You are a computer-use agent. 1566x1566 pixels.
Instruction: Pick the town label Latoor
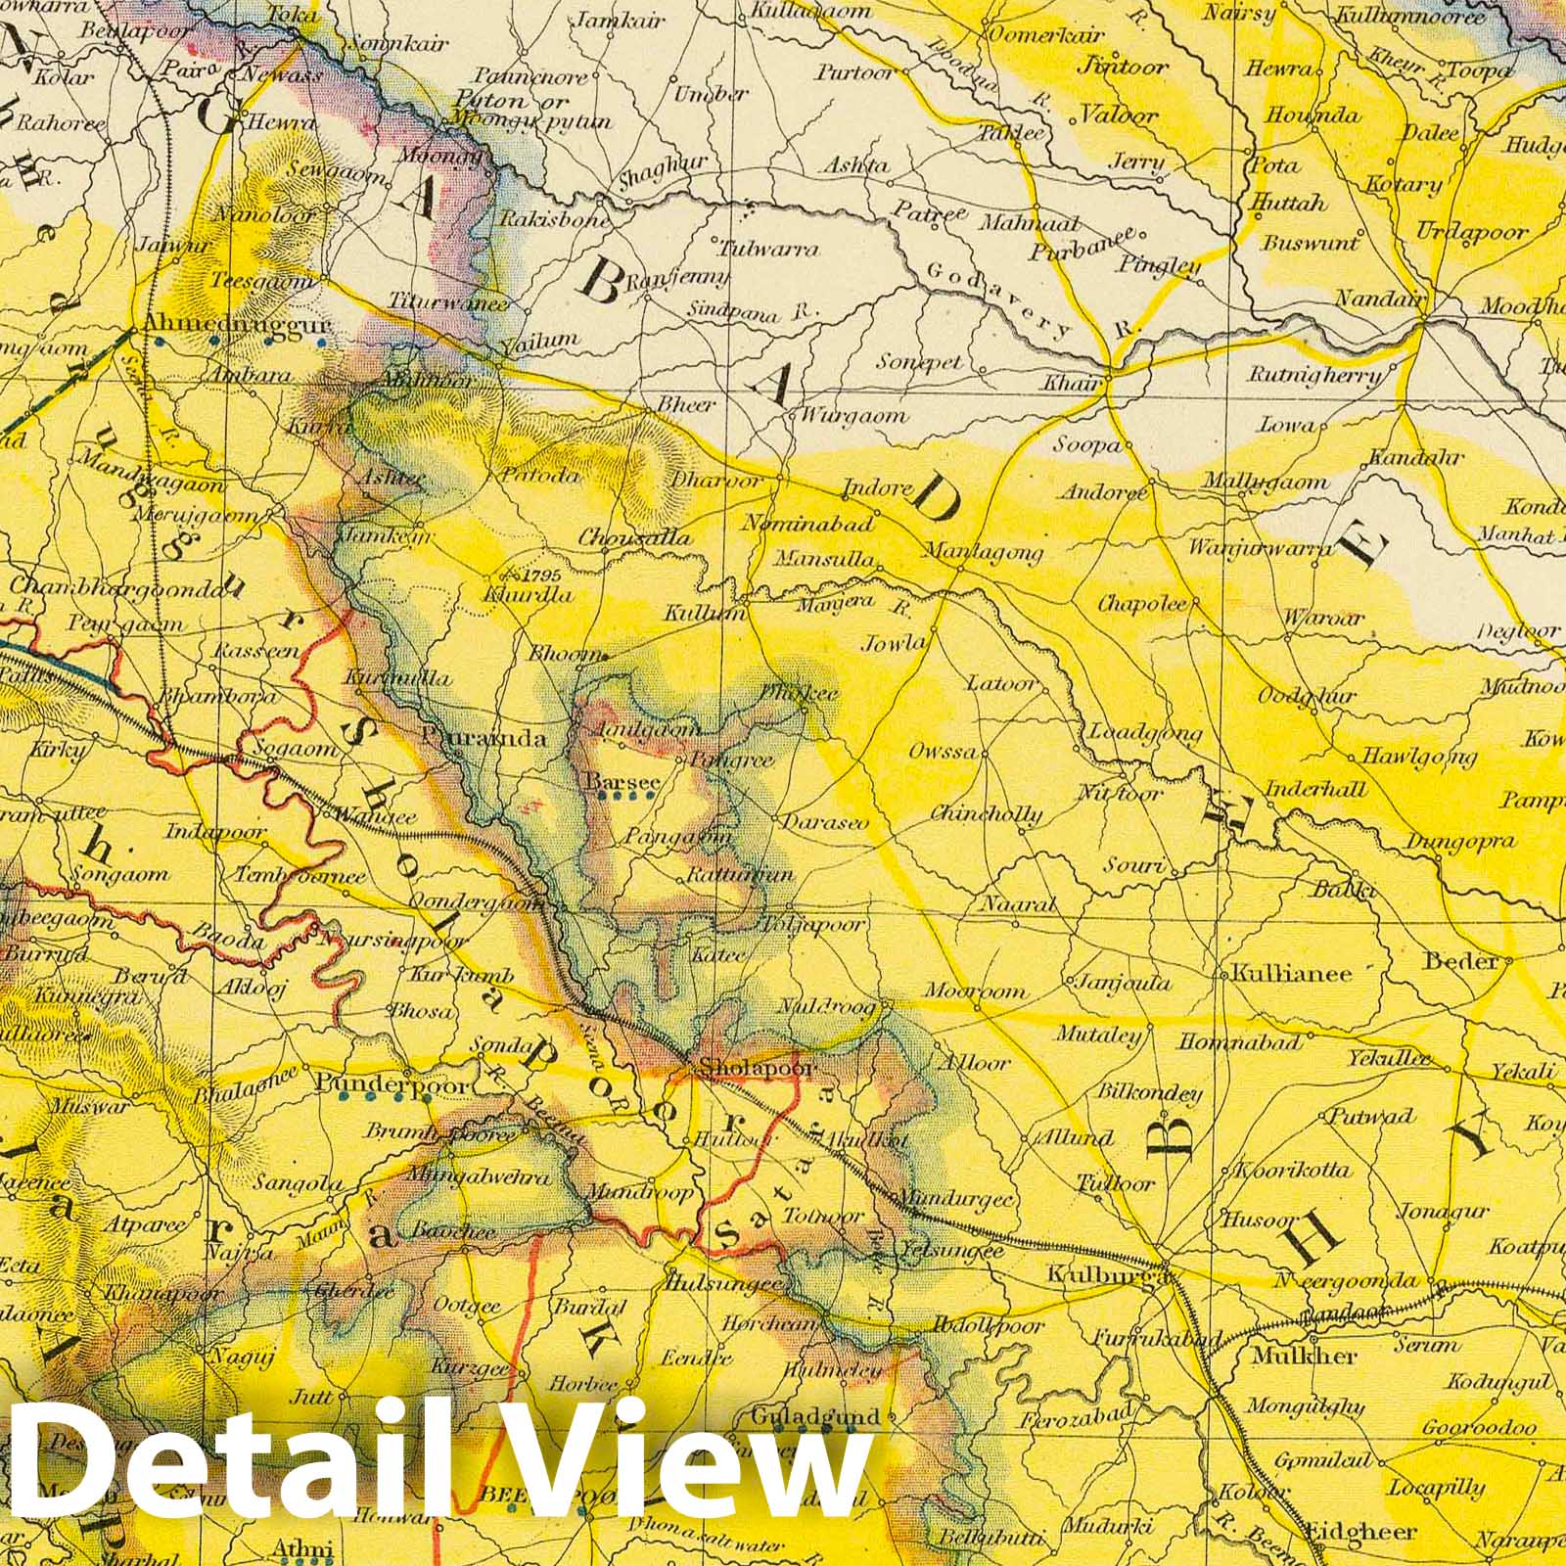pyautogui.click(x=1000, y=682)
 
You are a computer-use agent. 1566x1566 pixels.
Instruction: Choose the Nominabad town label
pyautogui.click(x=807, y=524)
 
